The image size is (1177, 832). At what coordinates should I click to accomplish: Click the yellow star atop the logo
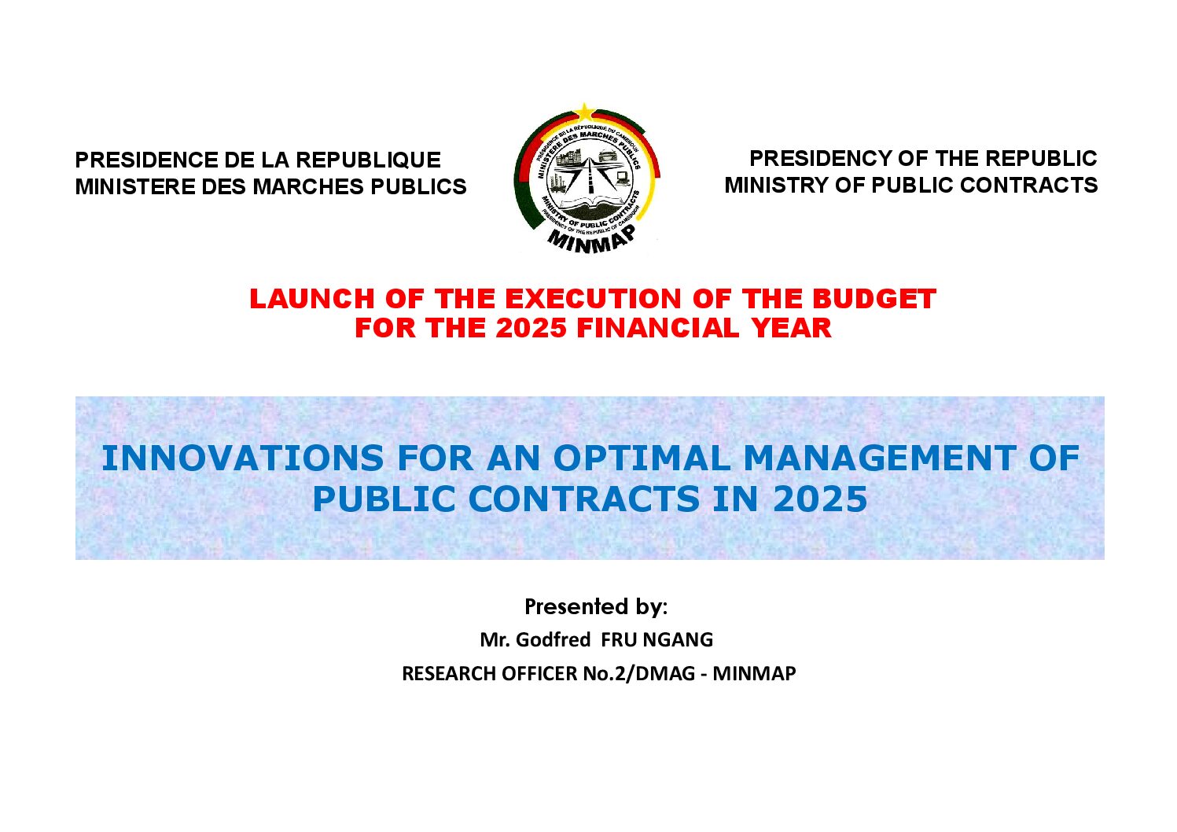coord(585,112)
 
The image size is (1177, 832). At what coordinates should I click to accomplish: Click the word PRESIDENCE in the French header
coord(146,160)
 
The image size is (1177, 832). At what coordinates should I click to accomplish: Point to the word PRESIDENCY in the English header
coord(820,158)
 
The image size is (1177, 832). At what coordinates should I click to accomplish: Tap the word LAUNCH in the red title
coord(312,299)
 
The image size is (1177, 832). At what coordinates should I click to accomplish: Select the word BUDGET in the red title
coord(874,299)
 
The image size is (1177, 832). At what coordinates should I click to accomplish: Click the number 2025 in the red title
coord(531,328)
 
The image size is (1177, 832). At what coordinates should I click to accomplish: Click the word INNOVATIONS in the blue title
coord(243,458)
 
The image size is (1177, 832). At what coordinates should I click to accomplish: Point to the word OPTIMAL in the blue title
coord(642,458)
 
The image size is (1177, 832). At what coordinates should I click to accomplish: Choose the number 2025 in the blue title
coord(820,499)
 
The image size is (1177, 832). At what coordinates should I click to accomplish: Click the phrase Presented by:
coord(596,606)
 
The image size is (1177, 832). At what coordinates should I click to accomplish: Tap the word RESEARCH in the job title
coord(449,673)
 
